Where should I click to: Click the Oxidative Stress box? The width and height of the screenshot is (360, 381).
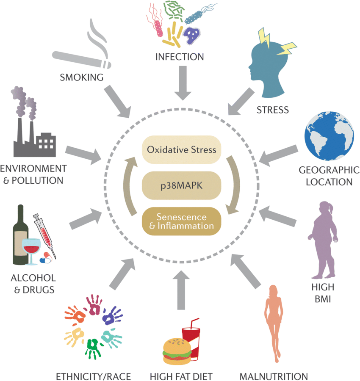181,149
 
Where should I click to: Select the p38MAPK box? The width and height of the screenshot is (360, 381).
181,185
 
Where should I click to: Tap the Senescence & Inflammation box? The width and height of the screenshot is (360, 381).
181,221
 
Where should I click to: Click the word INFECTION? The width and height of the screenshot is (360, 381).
180,57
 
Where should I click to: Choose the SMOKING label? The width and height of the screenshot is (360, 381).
82,77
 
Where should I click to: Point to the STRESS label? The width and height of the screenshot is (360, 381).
273,110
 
